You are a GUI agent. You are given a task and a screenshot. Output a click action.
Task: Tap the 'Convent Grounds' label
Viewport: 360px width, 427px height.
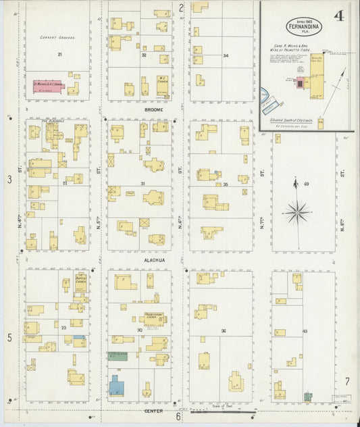pos(57,38)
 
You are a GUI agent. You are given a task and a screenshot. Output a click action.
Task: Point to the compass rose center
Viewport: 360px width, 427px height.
pos(297,213)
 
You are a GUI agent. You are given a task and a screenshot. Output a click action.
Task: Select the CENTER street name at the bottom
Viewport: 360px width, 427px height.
pos(154,410)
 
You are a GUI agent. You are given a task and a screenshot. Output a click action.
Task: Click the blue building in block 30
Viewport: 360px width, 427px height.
pos(118,387)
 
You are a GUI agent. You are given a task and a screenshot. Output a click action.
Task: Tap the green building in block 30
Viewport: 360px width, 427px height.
pos(118,355)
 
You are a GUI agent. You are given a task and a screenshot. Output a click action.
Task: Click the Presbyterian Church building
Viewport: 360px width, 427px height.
pos(155,318)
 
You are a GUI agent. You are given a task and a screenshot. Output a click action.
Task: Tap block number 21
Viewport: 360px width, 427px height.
pos(59,53)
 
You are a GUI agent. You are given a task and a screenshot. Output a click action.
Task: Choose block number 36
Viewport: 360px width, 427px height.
pos(223,330)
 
